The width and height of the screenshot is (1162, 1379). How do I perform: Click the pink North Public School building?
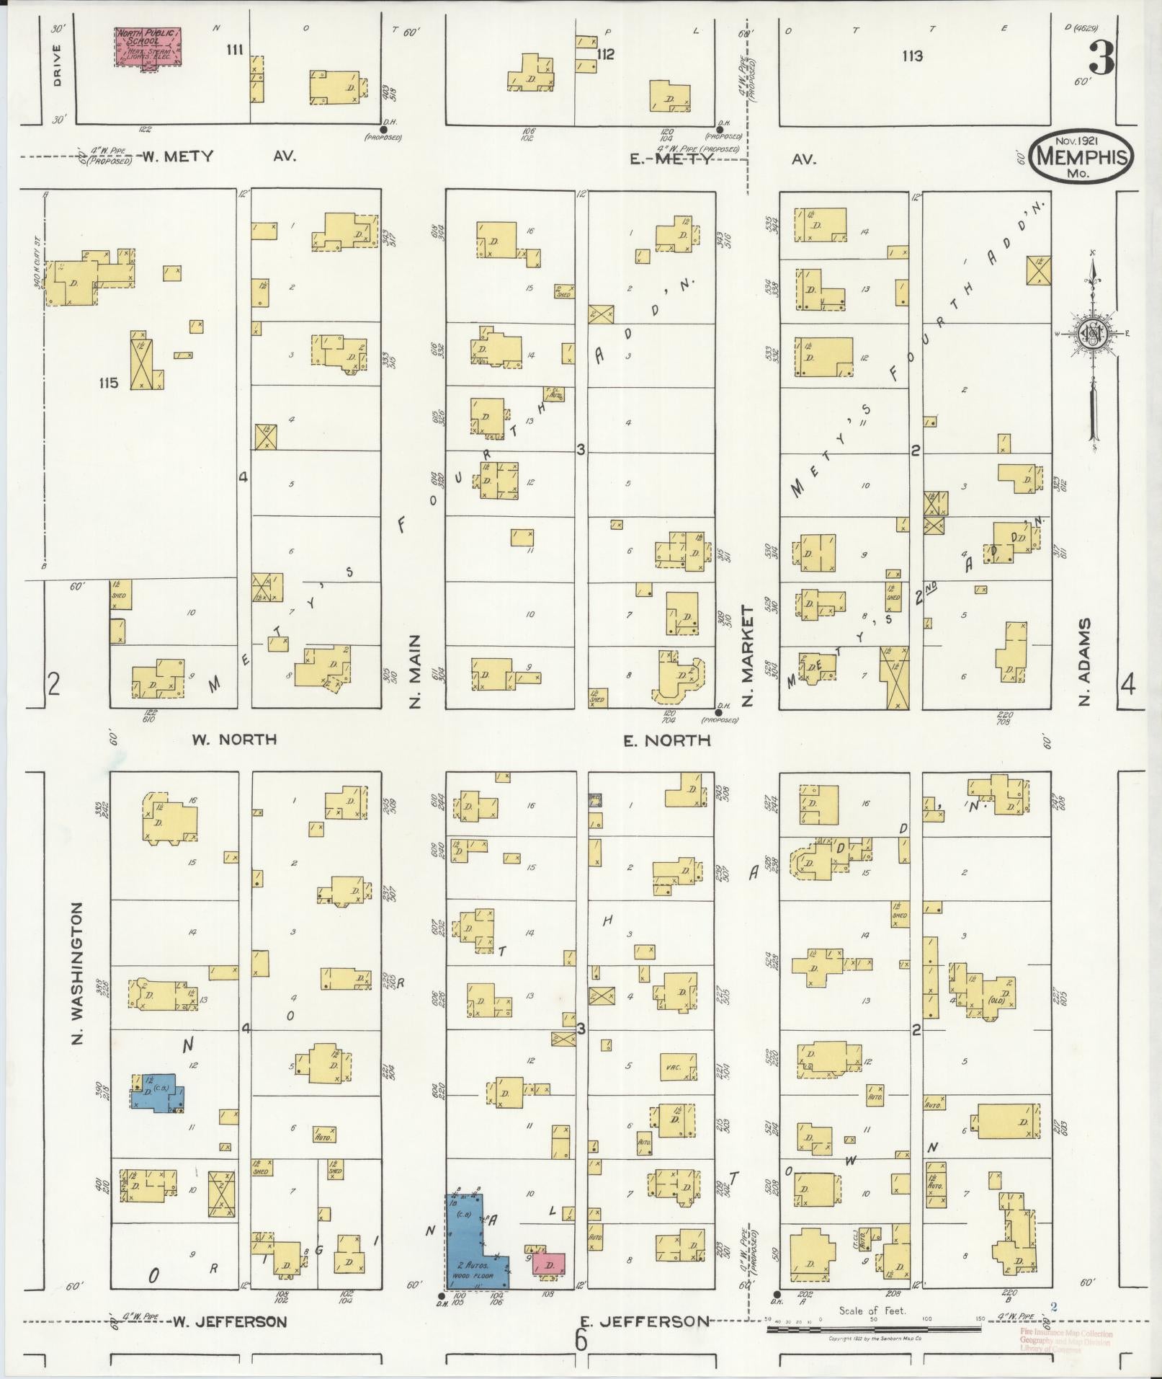(148, 48)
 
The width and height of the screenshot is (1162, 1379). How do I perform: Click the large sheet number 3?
(1101, 58)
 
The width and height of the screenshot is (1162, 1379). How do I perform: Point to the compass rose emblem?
(1092, 334)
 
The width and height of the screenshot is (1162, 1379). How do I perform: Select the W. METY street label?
(176, 156)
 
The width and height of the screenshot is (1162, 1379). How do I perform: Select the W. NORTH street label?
(234, 740)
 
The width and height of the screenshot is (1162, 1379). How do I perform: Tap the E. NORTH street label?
(666, 740)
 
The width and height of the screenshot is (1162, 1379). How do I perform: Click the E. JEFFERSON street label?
(643, 1321)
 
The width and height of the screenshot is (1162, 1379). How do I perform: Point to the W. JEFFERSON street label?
(230, 1321)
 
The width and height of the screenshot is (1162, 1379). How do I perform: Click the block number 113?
(911, 56)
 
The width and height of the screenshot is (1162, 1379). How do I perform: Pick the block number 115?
(110, 383)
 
